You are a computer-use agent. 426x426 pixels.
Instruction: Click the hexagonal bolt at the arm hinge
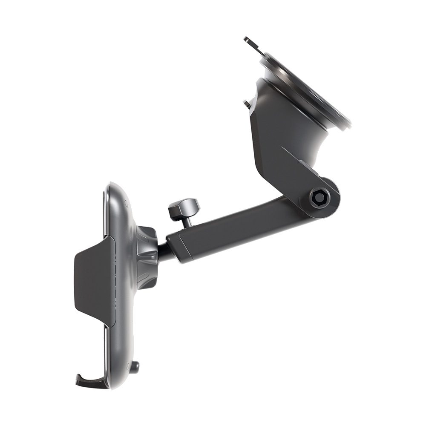319,197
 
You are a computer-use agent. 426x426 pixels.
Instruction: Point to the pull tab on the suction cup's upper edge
251,43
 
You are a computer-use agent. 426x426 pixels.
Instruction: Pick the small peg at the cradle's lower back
135,366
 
